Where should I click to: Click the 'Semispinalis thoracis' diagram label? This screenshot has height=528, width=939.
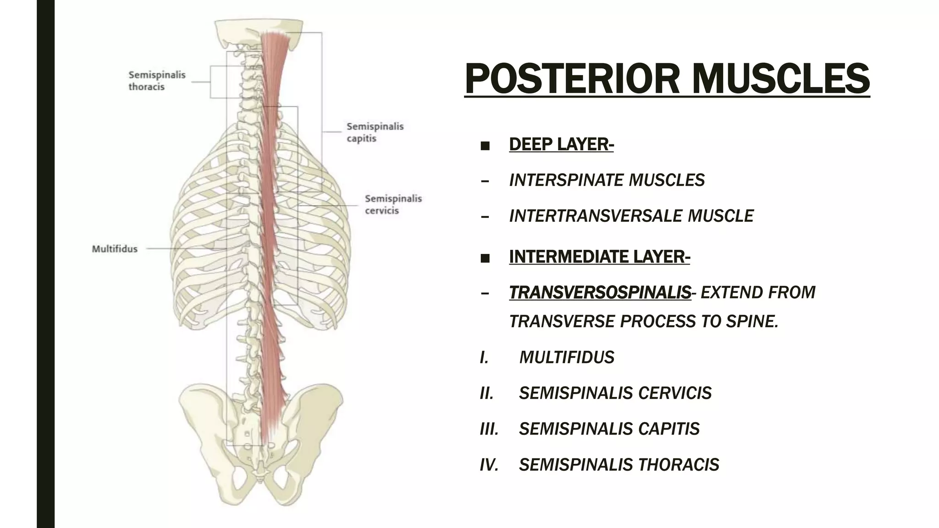(157, 81)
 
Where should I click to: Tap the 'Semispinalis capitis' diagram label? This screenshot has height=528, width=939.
(375, 132)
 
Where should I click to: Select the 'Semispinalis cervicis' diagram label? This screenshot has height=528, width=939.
(393, 204)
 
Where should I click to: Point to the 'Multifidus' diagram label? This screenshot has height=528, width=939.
(115, 249)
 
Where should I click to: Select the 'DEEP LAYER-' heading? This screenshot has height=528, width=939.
(561, 144)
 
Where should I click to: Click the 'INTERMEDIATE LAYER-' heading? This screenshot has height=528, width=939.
(599, 257)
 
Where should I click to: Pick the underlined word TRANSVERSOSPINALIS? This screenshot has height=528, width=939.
(600, 292)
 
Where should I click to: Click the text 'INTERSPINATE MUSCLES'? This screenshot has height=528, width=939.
(607, 180)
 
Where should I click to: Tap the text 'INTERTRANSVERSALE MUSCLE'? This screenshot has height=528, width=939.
(631, 216)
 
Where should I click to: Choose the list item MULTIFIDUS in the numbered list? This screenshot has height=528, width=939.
(567, 357)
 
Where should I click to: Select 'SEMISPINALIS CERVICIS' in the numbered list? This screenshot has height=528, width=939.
(615, 393)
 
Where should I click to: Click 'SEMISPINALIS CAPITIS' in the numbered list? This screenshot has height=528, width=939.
(609, 429)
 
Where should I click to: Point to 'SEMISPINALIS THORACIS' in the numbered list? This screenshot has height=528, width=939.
(619, 465)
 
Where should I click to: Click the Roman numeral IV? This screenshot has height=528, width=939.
(489, 465)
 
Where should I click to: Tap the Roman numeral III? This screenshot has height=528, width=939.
(489, 429)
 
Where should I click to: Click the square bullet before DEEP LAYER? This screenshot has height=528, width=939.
(485, 146)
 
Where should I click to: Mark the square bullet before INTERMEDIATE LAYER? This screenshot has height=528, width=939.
(485, 258)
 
